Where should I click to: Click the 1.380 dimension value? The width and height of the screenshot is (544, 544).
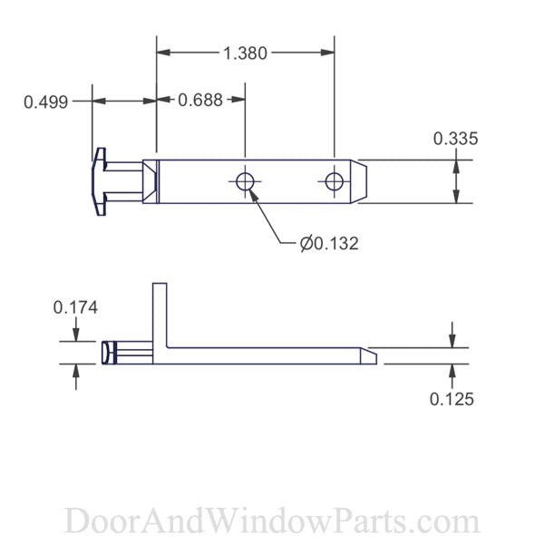[x=245, y=53]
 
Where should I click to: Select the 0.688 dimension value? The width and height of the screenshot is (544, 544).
[x=200, y=100]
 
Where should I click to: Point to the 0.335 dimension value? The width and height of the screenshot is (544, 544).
[x=455, y=139]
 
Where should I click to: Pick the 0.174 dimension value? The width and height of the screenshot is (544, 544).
[x=75, y=307]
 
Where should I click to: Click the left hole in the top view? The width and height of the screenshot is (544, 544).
[x=245, y=181]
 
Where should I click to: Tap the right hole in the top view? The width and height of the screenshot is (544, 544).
[x=335, y=181]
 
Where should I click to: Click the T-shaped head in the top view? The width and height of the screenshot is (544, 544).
[x=100, y=181]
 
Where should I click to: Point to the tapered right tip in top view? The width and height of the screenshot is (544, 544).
[x=360, y=181]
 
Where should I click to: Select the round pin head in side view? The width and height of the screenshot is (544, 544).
[x=108, y=353]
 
